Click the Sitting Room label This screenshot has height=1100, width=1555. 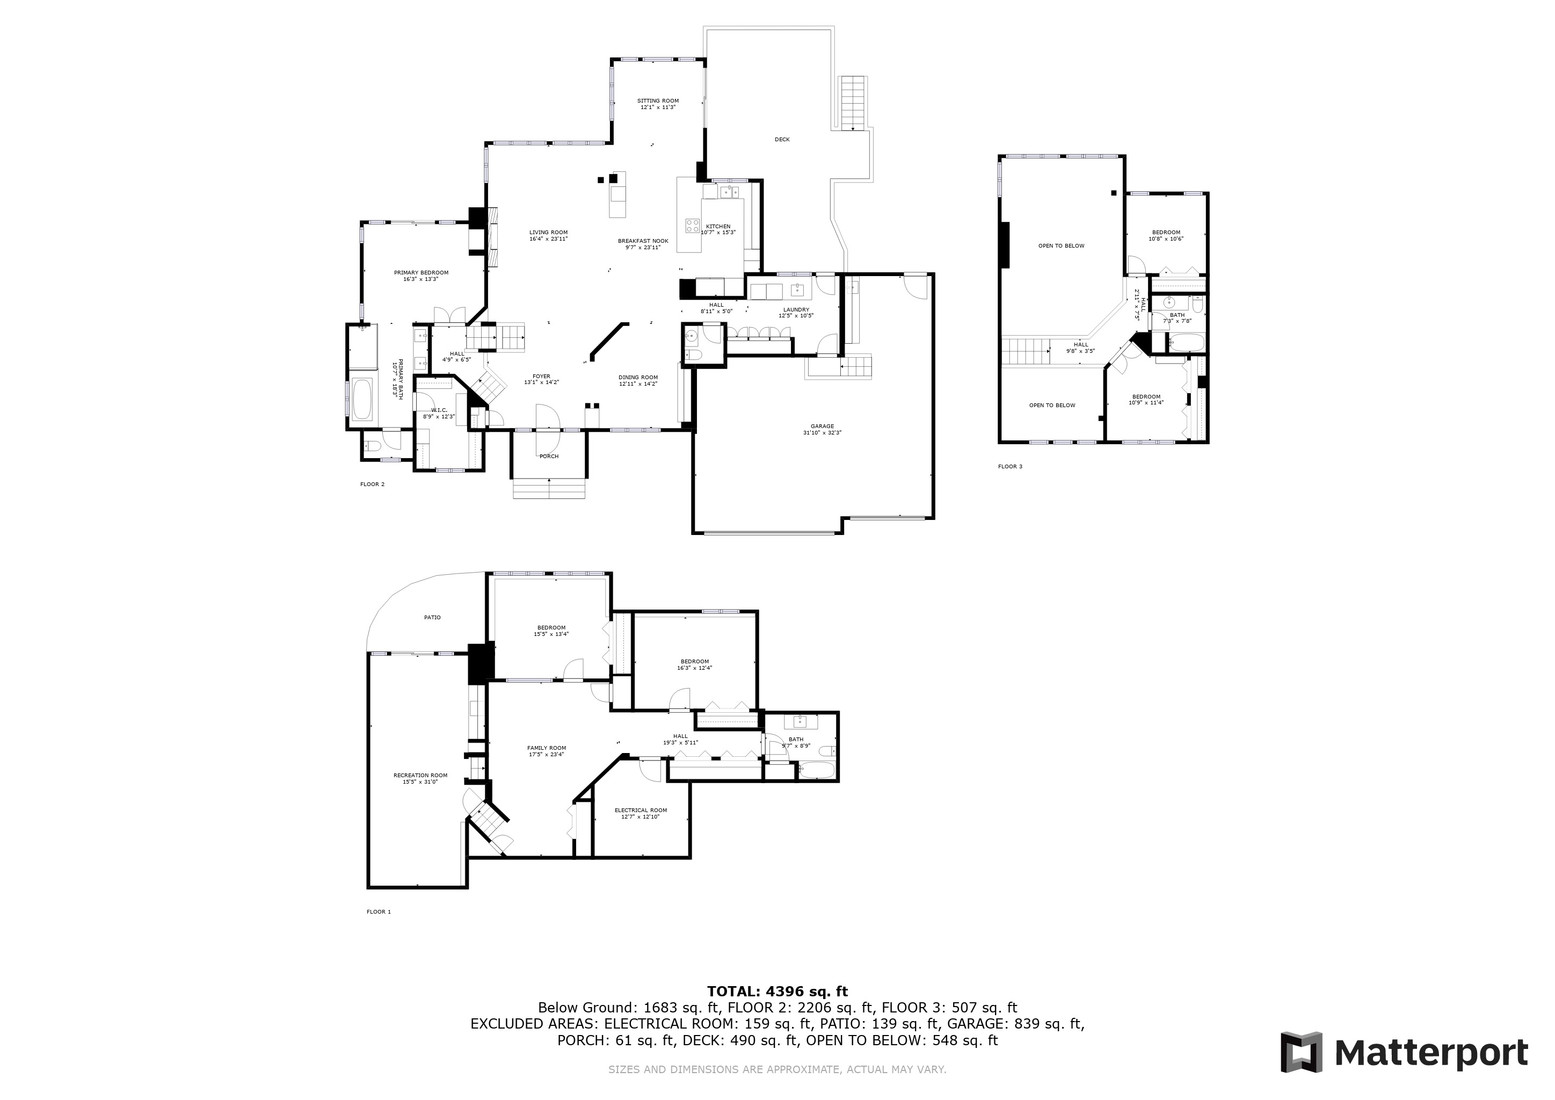(x=658, y=104)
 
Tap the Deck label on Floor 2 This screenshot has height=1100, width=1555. (x=782, y=140)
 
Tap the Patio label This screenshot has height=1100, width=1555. (x=432, y=617)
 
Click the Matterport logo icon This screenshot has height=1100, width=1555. (x=1300, y=1052)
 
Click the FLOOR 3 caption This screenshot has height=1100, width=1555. (x=1010, y=467)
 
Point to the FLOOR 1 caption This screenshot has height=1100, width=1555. (x=379, y=911)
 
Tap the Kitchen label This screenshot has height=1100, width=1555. (x=718, y=229)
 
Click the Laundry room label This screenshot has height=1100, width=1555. (x=796, y=312)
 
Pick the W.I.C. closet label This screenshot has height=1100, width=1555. (x=439, y=412)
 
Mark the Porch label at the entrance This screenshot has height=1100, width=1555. (x=549, y=457)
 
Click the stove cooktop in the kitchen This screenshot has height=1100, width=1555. (x=692, y=226)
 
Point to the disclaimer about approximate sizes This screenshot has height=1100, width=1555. (x=777, y=1069)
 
